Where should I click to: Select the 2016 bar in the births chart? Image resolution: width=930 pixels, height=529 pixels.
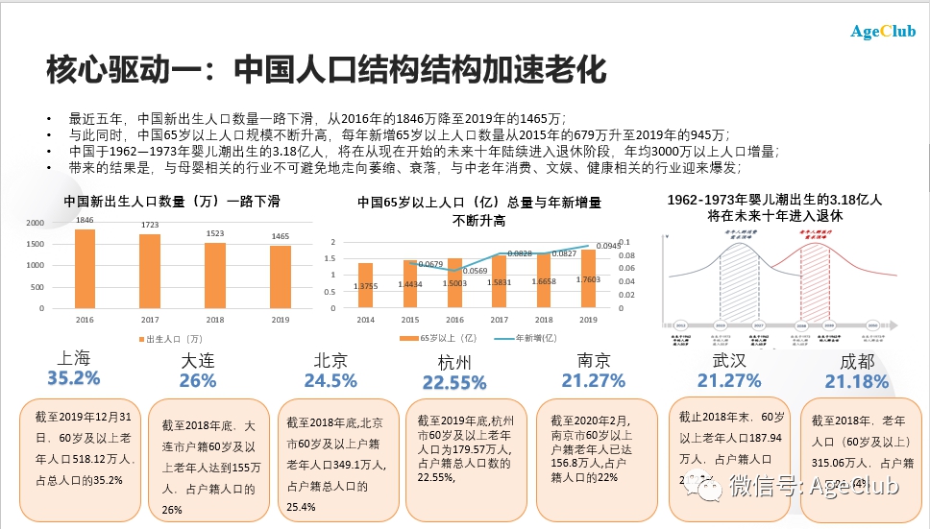pos(85,270)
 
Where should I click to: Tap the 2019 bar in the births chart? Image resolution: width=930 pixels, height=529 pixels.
pos(280,277)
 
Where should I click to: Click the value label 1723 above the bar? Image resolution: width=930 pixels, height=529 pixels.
pos(149,224)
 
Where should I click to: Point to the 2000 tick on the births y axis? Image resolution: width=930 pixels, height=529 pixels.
pos(34,223)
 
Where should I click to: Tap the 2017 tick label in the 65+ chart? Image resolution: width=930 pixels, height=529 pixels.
pos(499,319)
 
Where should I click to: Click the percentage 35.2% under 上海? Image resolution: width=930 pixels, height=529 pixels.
pos(73,378)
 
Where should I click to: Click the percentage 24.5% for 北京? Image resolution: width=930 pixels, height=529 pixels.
pos(330,381)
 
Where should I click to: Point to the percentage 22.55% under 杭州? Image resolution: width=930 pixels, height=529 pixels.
pos(454,383)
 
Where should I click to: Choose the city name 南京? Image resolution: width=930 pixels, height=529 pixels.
pos(594,360)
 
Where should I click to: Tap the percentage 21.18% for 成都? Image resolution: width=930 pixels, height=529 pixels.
pos(856,382)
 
